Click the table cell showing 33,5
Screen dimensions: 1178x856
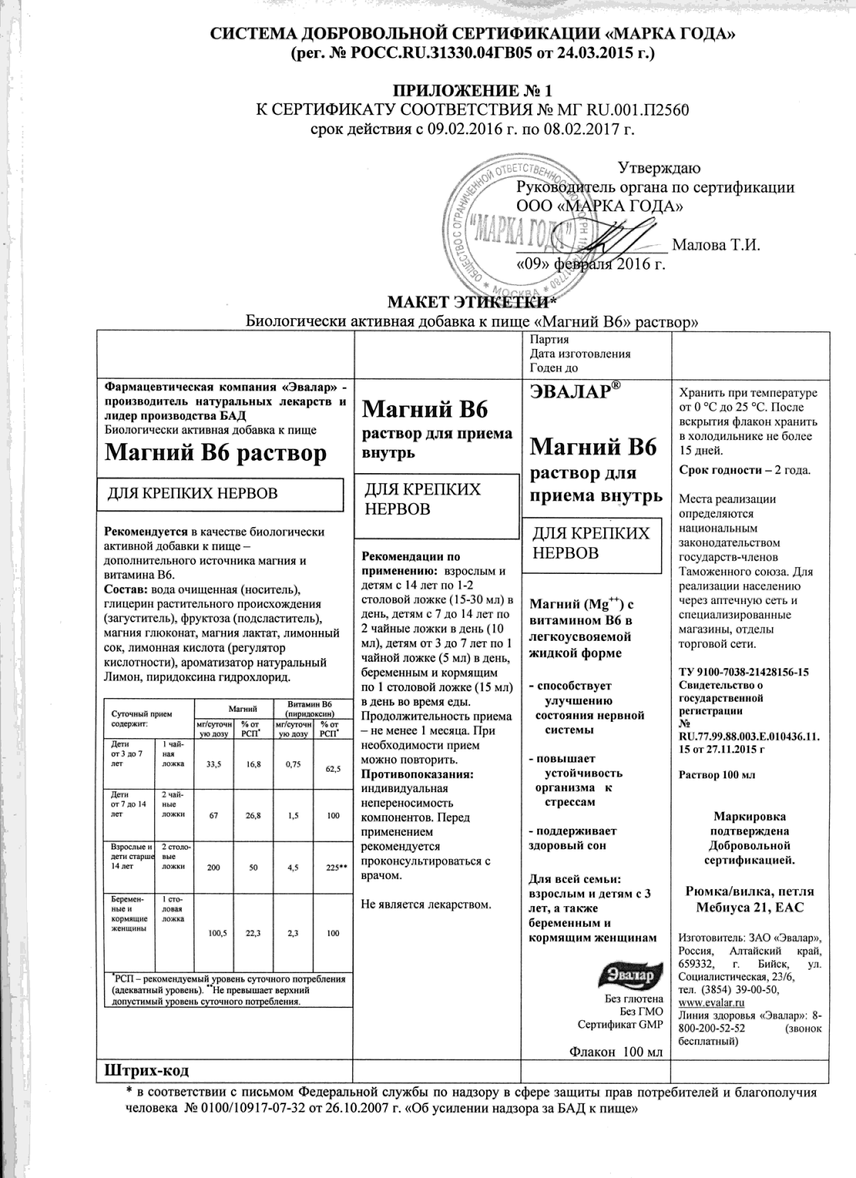coord(213,769)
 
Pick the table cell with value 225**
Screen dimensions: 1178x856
coord(330,868)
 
